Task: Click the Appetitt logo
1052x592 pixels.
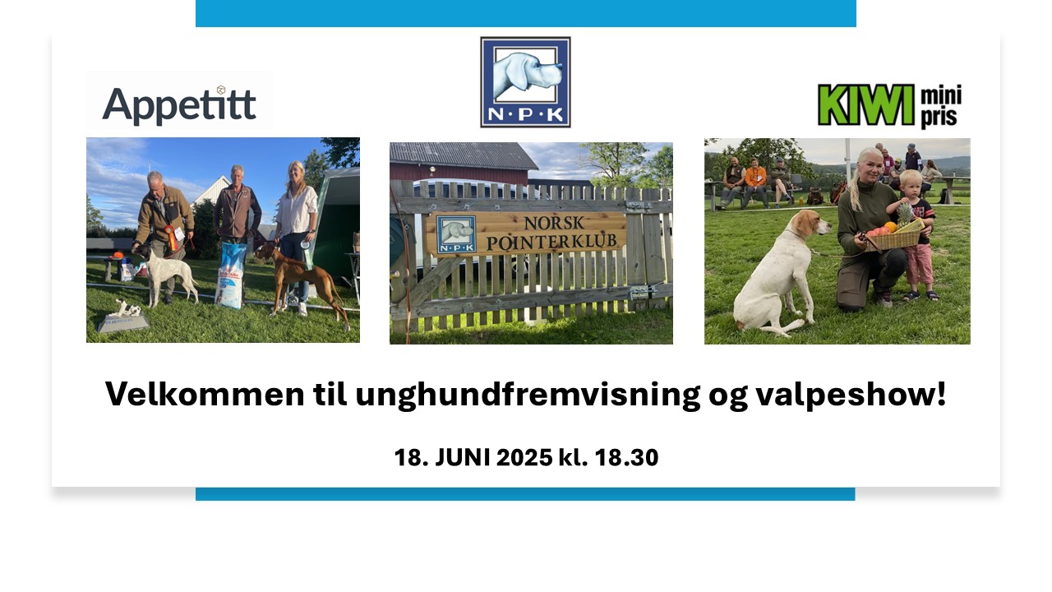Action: [179, 105]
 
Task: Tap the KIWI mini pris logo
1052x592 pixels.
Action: [889, 106]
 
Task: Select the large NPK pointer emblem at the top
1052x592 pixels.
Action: [525, 82]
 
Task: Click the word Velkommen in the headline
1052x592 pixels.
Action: [205, 394]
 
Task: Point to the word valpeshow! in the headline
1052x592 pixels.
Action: [851, 395]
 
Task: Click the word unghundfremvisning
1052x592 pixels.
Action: [528, 395]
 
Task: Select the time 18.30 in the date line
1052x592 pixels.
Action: [626, 457]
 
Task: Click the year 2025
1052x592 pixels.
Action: [524, 457]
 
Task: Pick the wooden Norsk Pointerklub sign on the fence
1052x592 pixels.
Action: [526, 233]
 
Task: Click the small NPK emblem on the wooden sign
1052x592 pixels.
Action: [456, 234]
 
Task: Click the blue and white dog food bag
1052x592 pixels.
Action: [230, 275]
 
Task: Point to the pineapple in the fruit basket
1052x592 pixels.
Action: [905, 216]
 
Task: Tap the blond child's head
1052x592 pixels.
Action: [911, 183]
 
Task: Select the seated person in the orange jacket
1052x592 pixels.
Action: [755, 183]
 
